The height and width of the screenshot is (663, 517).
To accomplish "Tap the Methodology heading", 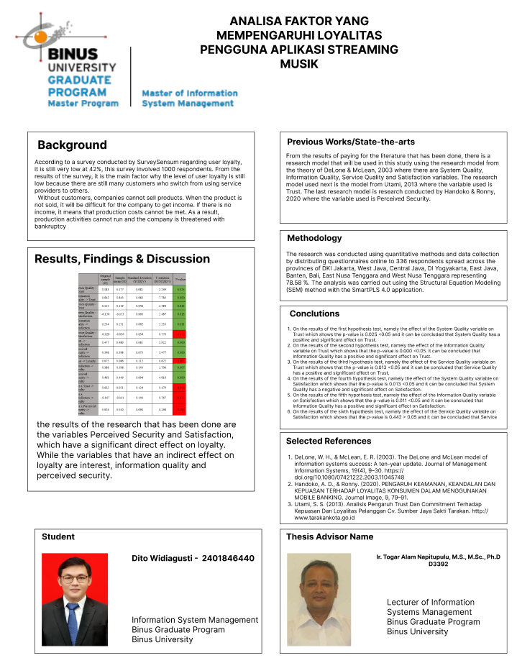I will (x=314, y=238).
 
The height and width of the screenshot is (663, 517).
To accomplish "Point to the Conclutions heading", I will (x=314, y=314).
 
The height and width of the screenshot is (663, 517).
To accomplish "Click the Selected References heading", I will (x=329, y=441).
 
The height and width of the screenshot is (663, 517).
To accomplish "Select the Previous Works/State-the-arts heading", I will (x=351, y=142).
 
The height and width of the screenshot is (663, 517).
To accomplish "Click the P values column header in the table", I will (x=180, y=278).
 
